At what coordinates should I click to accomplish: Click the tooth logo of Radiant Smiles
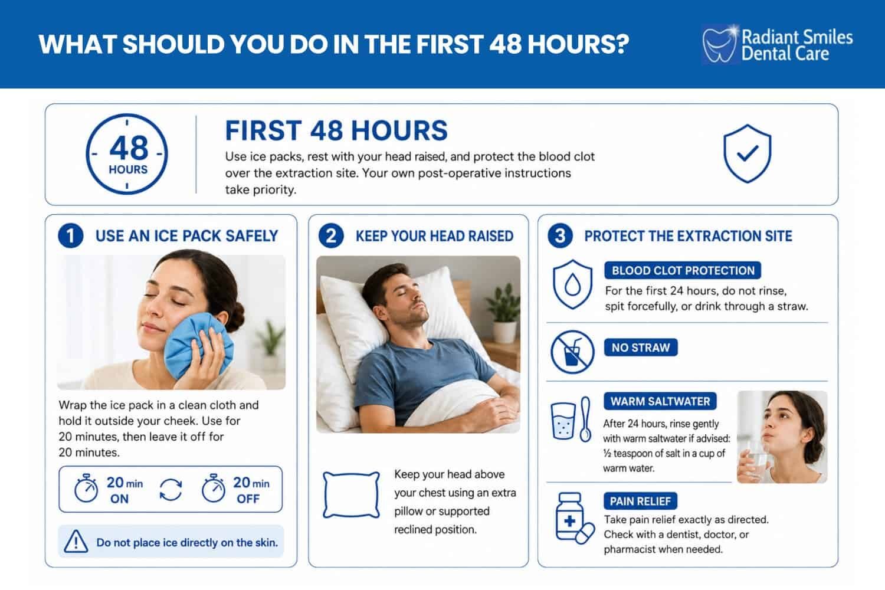click(x=719, y=44)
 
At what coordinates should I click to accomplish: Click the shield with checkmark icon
click(x=747, y=153)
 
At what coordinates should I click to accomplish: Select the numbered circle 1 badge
click(x=71, y=236)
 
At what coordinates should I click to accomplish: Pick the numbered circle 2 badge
click(x=331, y=236)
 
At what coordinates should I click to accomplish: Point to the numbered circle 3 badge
click(x=560, y=236)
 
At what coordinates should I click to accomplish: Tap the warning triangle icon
click(x=76, y=541)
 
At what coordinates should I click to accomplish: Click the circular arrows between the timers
click(x=171, y=490)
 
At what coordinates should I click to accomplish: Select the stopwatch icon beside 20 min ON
click(x=86, y=489)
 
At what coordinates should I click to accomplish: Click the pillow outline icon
click(x=351, y=494)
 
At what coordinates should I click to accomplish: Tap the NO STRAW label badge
click(x=640, y=348)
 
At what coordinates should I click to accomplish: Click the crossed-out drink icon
click(x=572, y=352)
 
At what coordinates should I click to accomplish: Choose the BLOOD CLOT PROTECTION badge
click(x=683, y=270)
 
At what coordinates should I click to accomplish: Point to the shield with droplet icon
click(x=572, y=284)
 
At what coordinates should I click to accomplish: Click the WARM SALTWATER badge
click(x=660, y=402)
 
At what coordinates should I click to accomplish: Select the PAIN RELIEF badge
click(x=640, y=501)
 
